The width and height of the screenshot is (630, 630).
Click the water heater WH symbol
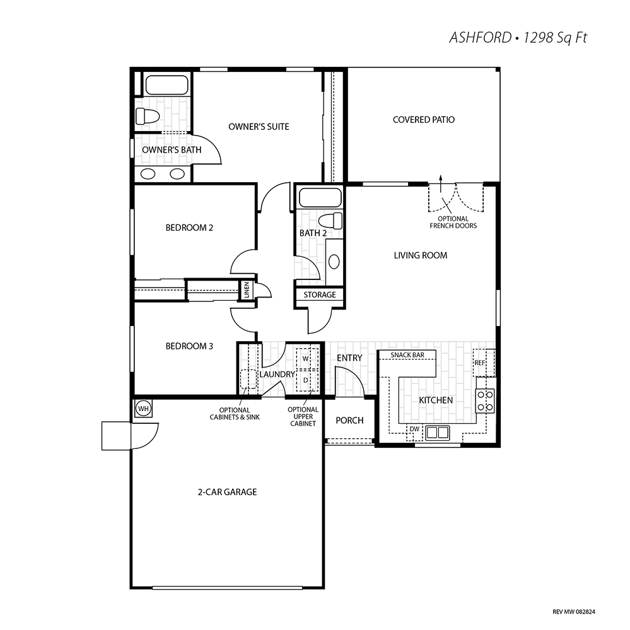(x=143, y=409)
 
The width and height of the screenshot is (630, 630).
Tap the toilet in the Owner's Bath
(x=147, y=116)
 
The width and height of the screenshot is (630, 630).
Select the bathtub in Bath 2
(x=320, y=198)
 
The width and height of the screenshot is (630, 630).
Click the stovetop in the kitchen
(x=486, y=401)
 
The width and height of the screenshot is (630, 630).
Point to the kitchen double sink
(x=438, y=433)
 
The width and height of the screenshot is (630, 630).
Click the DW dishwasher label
(x=414, y=429)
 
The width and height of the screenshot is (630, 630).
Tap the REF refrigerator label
(x=480, y=363)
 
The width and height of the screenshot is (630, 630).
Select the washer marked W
(x=306, y=358)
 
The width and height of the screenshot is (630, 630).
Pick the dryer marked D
(x=306, y=380)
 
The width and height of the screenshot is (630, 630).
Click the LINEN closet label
(x=247, y=289)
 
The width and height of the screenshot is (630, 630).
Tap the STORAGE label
(x=320, y=295)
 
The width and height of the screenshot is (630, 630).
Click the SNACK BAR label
(x=407, y=355)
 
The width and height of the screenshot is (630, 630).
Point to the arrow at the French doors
(x=441, y=184)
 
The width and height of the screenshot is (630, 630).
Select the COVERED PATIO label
(x=424, y=120)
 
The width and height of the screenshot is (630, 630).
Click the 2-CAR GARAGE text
(x=228, y=492)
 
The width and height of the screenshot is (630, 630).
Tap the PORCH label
(x=349, y=420)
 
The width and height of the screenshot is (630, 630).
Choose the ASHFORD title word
(x=480, y=38)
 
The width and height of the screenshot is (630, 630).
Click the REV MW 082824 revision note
(x=574, y=612)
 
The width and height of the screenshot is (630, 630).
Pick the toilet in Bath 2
(x=330, y=221)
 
